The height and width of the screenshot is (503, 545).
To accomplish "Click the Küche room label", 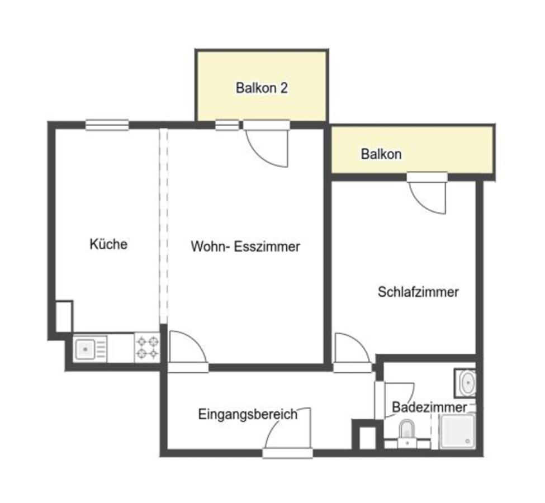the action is click(108, 244).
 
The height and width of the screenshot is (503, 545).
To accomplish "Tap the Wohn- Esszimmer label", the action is click(245, 246).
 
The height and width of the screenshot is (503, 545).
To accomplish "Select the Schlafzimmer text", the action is click(418, 292).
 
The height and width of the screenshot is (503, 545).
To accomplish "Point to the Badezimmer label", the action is click(429, 407).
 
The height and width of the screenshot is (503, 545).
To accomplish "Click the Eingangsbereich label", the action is click(248, 414).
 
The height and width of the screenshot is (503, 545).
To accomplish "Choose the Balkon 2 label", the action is click(262, 88).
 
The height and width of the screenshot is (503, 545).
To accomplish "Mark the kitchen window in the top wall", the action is click(107, 125).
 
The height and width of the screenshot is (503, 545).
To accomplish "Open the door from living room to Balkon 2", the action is click(267, 143).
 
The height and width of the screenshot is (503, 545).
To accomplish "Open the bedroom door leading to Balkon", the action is click(428, 193).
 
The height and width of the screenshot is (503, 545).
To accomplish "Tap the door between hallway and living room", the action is click(188, 352).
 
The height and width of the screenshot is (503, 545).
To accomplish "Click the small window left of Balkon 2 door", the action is click(227, 125).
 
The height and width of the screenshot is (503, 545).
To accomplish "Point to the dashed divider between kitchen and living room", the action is click(163, 226).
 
